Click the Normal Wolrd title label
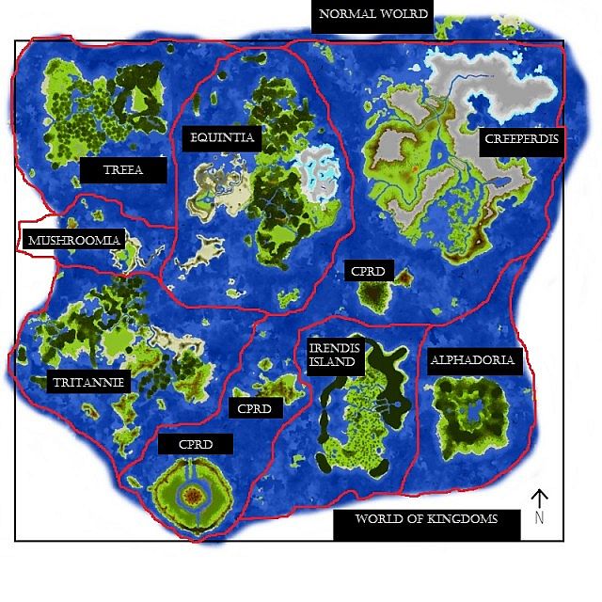[373, 14]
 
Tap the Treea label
[122, 170]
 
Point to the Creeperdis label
[521, 140]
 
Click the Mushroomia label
[74, 240]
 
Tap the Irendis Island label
[333, 355]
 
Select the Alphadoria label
[472, 360]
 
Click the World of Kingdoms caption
[426, 519]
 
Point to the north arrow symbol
[539, 499]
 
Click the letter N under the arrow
[539, 516]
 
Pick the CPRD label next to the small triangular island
[367, 271]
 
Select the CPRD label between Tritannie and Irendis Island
[254, 409]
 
